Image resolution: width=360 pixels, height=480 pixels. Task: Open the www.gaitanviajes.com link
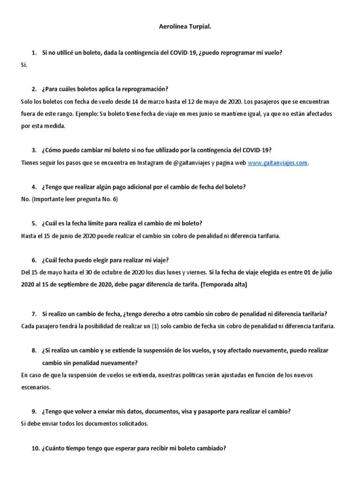click(278, 163)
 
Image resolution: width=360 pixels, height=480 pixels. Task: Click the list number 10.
click(35, 448)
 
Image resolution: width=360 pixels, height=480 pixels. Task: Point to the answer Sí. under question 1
click(24, 65)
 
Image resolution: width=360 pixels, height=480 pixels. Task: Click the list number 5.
click(34, 223)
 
